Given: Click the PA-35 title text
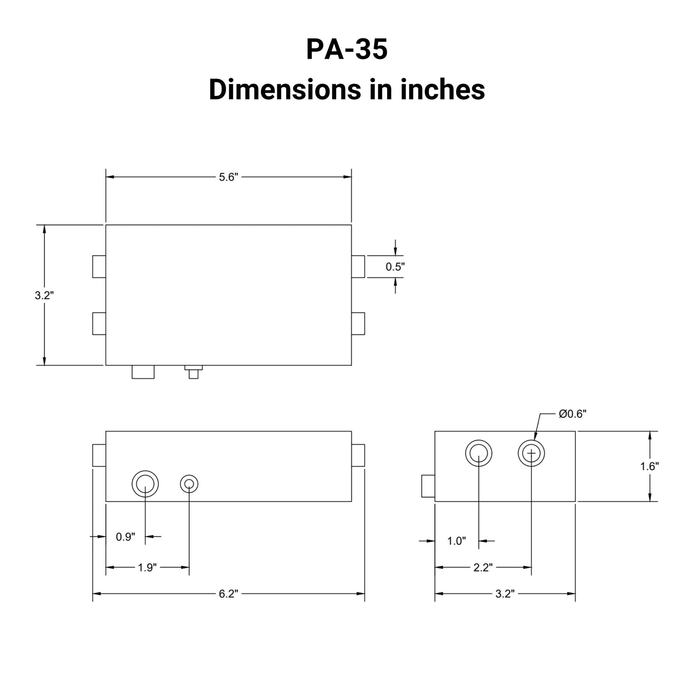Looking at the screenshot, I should point(347,49).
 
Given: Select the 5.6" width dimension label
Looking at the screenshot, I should point(229,177).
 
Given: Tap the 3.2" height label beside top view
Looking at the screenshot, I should point(44,295).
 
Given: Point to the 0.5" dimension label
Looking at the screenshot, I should point(395,266).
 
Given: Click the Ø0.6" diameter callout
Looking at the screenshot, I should point(572,414).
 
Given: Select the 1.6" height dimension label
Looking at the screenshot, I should point(649,466).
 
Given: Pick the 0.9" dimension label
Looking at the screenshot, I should point(126,537).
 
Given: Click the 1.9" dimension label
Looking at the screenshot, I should point(147,567).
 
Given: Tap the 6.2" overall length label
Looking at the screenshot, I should point(229,594).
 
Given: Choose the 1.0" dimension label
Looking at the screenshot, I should point(456,541).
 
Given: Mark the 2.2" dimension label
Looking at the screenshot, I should point(483,567).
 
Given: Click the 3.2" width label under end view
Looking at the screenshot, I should point(505,594).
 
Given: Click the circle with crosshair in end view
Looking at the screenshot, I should point(531,453).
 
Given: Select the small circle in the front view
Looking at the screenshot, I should point(189,484).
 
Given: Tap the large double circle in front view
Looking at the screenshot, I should point(145,484).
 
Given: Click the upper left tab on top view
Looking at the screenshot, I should point(99,266).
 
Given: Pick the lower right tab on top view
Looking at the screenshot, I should point(358,324).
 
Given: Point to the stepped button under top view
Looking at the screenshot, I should point(193,372).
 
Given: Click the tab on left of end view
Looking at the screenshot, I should point(428,486).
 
